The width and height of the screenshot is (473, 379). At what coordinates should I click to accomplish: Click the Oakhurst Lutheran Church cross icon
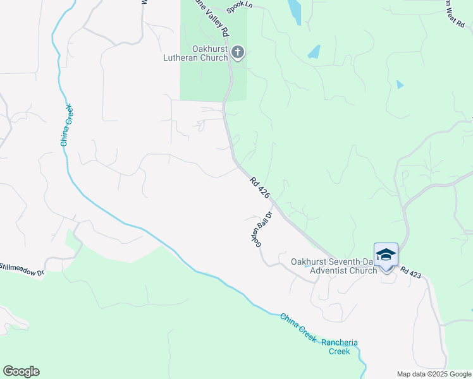click(238, 52)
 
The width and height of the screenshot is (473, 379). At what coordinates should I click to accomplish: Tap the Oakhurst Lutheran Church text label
click(211, 53)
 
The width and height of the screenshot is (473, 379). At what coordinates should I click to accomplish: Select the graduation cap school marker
click(386, 255)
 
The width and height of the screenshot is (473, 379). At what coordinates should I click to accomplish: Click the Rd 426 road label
click(260, 188)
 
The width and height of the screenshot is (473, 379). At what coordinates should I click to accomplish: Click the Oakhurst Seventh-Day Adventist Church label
click(334, 266)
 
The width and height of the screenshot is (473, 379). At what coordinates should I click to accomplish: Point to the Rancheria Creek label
click(340, 347)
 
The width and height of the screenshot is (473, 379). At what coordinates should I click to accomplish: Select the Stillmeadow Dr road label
click(22, 269)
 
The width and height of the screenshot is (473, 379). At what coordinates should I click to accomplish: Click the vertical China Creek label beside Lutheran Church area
click(67, 124)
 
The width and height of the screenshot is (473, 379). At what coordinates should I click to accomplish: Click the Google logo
click(21, 371)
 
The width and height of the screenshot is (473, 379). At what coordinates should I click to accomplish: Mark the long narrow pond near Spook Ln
click(295, 11)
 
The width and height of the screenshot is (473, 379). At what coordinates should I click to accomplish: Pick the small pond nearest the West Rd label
click(400, 84)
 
